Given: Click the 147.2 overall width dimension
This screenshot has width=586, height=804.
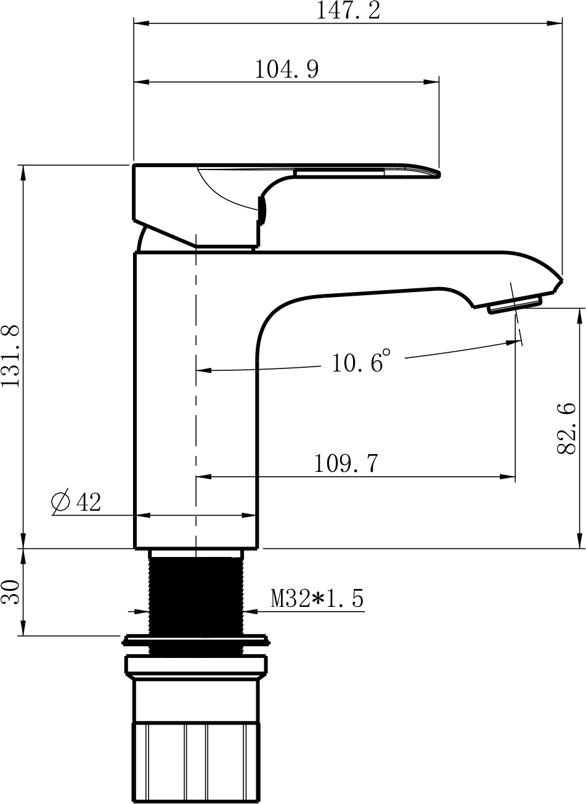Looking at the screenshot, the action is coord(348,10).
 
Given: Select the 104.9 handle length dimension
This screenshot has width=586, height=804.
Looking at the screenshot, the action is coord(287,69).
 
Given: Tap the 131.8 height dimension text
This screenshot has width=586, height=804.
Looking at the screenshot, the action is coord(10,355).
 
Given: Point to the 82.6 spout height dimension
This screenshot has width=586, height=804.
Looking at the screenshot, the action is coord(566,429).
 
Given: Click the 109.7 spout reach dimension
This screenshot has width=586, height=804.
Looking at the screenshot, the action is coord(346,463).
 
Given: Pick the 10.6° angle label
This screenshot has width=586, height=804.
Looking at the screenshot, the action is coord(361,361).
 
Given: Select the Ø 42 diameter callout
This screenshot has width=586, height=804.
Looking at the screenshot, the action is coord(76,501).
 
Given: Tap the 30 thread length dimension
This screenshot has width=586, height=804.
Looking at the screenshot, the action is coord(10,592).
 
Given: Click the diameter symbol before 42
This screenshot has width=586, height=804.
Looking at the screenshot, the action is coord(60,501).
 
